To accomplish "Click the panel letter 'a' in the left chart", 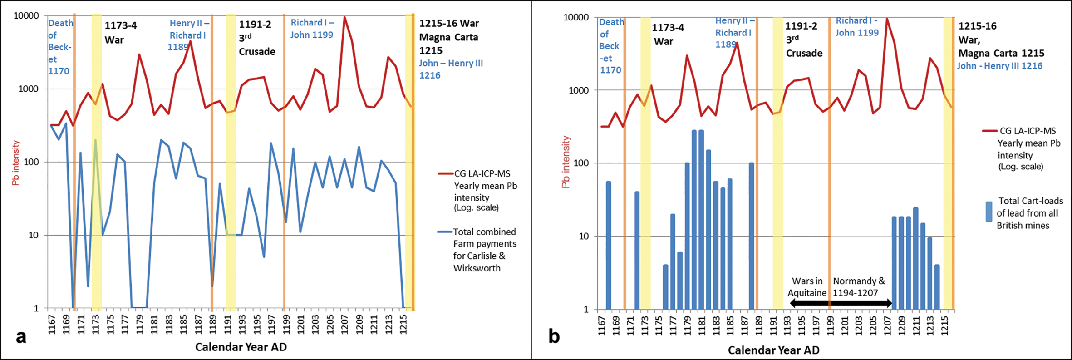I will pos(20,337).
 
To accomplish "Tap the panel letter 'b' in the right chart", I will pos(554,337).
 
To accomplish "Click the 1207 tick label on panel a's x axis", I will pos(344,323).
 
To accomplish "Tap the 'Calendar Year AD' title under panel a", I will pos(241,347).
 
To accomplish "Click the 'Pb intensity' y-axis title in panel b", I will pos(566,162).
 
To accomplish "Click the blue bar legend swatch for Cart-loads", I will pos(989,212).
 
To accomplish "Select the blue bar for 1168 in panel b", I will pos(609,245).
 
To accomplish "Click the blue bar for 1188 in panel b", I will pos(751,236).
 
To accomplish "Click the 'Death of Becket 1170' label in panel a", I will pos(60,47).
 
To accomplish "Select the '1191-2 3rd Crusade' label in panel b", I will pos(804,39).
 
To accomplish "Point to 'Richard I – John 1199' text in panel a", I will pos(312,29).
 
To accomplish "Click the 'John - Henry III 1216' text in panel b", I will pos(999,66).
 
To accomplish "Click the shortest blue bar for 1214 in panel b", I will pos(937,287).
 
